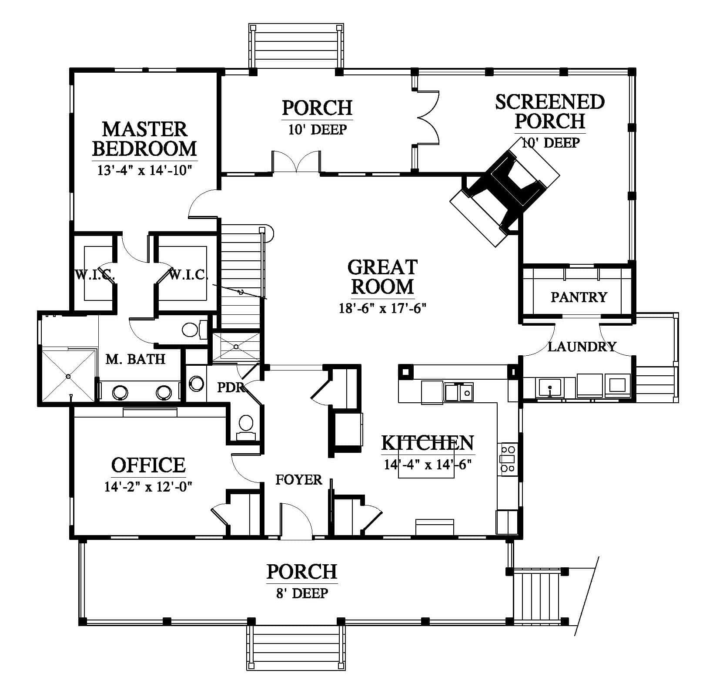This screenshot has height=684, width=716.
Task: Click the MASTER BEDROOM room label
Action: [144, 139]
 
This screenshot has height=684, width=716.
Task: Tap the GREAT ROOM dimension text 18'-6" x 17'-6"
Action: [382, 308]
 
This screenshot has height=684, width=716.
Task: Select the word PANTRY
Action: [579, 297]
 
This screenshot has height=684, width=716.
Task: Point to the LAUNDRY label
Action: [582, 347]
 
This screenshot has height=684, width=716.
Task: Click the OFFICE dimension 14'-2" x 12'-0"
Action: [148, 486]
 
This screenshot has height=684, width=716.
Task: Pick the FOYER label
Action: [299, 479]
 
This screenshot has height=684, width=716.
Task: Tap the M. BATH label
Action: [135, 359]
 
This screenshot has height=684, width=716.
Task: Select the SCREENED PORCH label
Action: [550, 111]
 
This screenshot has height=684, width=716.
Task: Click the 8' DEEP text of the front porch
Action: [302, 593]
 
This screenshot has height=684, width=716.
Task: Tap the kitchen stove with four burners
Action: [508, 458]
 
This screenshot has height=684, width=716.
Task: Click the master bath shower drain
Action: [68, 376]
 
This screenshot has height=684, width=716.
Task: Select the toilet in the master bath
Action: [194, 329]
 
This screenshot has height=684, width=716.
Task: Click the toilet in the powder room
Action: [246, 427]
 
